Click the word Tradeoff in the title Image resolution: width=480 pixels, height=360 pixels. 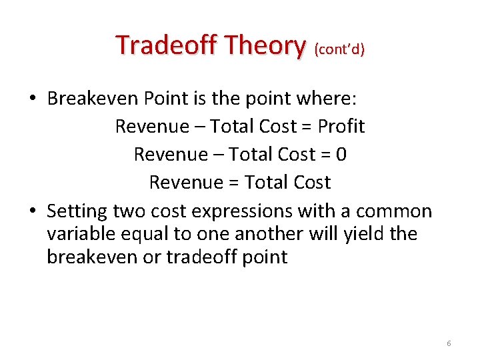(167, 45)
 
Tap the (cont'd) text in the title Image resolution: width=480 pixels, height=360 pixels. (339, 50)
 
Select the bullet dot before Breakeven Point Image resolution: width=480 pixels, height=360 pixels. (32, 99)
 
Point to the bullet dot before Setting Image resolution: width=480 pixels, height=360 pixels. (32, 212)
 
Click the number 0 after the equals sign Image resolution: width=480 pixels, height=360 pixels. (341, 154)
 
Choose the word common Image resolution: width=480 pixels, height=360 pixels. (394, 211)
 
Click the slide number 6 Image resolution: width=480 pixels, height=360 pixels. (449, 343)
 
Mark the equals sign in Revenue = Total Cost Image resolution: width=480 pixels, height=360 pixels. (235, 182)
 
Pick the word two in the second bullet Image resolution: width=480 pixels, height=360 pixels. (129, 211)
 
